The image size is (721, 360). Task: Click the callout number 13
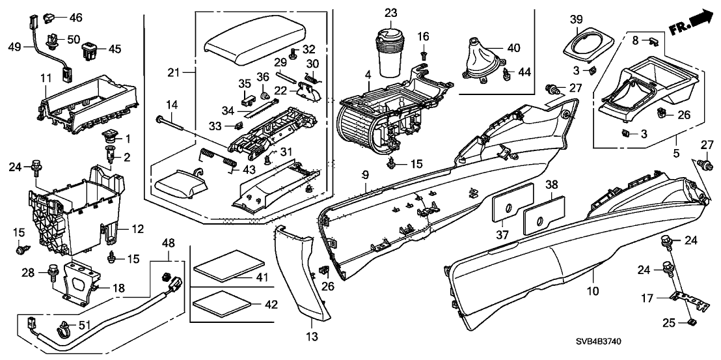(x=310, y=337)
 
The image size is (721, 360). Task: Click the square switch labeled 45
(x=93, y=48)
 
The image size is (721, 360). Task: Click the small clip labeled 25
(x=691, y=320)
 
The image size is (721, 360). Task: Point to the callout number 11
(x=45, y=78)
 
